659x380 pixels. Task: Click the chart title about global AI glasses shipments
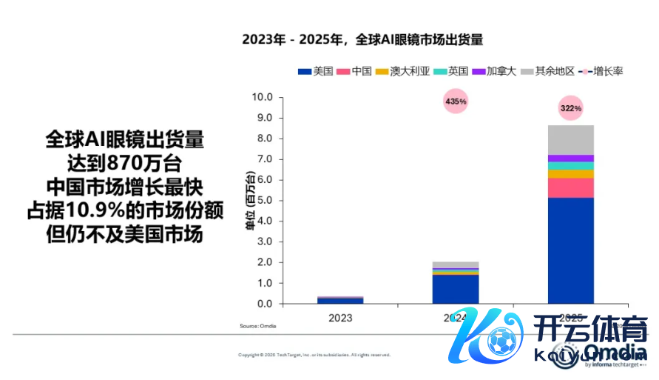pos(366,39)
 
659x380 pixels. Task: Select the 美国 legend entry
pos(315,71)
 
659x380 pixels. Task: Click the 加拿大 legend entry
pos(495,71)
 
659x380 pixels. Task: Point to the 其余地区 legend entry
pos(548,71)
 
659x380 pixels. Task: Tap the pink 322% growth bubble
pos(570,108)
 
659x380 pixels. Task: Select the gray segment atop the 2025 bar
pos(570,139)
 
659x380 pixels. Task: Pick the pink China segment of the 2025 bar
pos(570,188)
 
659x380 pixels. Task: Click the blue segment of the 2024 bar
pos(456,289)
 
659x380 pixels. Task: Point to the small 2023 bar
pos(340,300)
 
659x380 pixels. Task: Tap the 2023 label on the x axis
pos(340,317)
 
